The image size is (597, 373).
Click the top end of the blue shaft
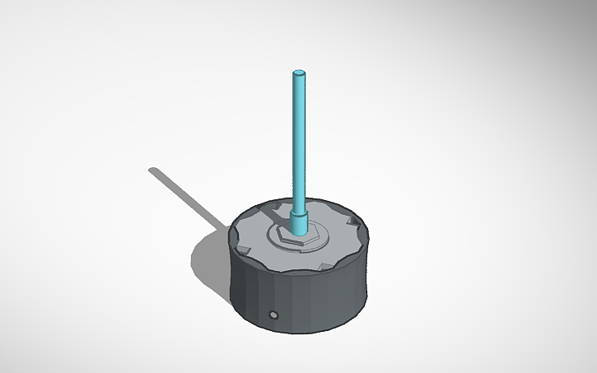point(300,75)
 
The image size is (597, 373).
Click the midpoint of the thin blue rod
point(300,144)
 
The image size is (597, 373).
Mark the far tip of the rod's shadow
point(153,171)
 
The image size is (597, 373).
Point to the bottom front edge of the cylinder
point(296,334)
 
